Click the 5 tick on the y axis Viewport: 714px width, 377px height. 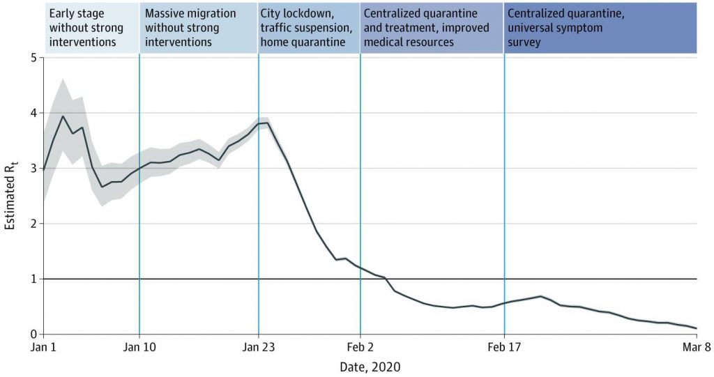tap(33, 58)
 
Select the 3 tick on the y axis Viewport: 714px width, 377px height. tap(33, 169)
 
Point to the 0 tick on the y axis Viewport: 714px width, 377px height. tap(33, 334)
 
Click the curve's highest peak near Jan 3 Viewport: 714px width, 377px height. tap(63, 116)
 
